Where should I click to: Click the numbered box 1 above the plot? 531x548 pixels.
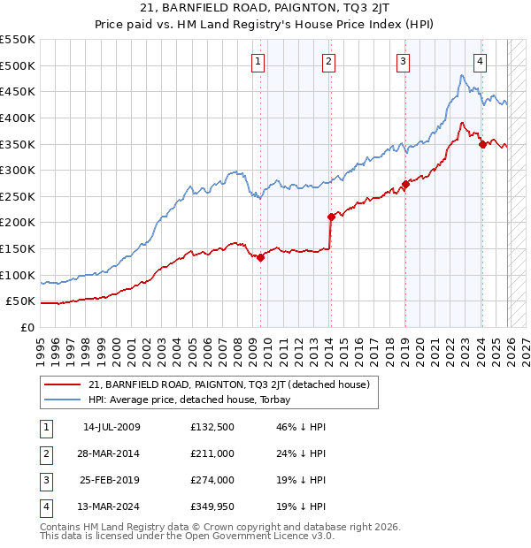point(258,61)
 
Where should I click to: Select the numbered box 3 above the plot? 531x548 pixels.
point(403,61)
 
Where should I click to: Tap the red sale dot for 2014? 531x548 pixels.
point(331,217)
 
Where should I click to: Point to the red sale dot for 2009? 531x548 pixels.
point(261,257)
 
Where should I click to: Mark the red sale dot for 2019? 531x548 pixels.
point(405,184)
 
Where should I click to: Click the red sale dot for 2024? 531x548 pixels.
point(482,144)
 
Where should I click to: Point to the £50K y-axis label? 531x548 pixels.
point(20,301)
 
